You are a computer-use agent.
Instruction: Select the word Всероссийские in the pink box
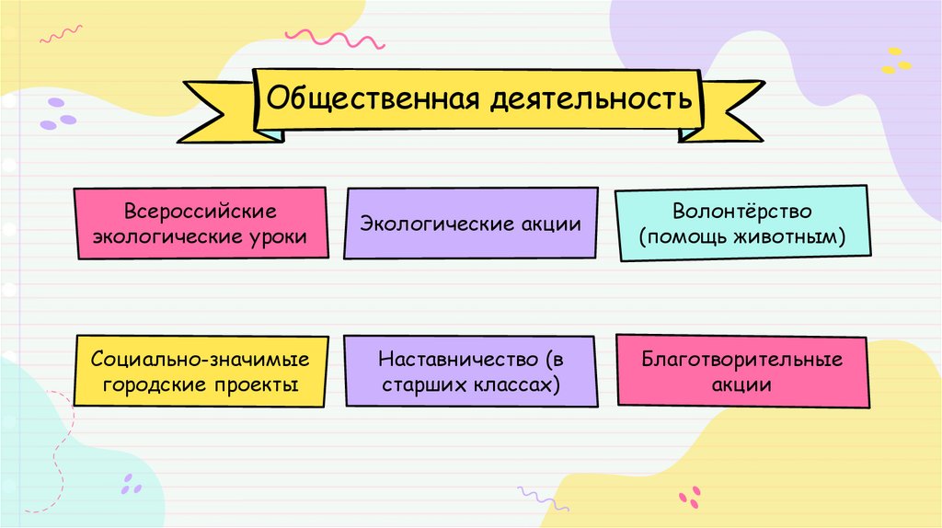click(x=201, y=212)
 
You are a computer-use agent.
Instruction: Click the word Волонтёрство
click(x=741, y=212)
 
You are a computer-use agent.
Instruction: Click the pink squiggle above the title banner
click(x=331, y=40)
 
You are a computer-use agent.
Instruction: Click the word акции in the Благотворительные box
click(x=741, y=384)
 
